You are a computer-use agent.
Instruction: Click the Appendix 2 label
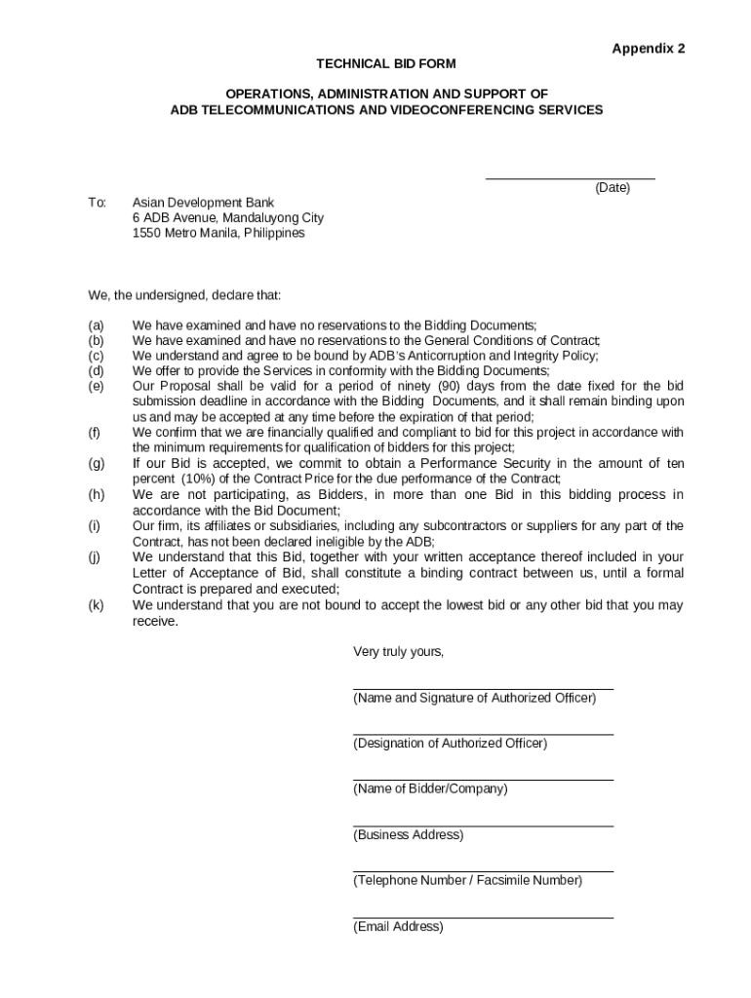[x=649, y=49]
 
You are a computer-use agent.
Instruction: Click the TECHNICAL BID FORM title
[x=386, y=64]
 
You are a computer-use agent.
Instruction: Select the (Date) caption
[x=613, y=188]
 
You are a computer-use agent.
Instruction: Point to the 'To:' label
[x=97, y=203]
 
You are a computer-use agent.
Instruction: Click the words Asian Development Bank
[x=204, y=203]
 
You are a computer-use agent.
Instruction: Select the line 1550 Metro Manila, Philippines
[x=218, y=234]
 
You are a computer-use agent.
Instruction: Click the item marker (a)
[x=96, y=325]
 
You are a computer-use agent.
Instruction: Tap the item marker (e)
[x=96, y=387]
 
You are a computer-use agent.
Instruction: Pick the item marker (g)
[x=96, y=464]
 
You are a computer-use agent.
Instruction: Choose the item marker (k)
[x=96, y=605]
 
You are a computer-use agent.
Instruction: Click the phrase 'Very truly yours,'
[x=398, y=652]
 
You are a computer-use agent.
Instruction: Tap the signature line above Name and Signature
[x=483, y=689]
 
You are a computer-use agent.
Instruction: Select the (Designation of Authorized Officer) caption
[x=450, y=744]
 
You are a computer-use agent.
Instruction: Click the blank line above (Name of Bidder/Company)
[x=483, y=780]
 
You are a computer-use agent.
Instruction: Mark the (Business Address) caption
[x=408, y=835]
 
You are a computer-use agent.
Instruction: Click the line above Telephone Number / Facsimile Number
[x=483, y=871]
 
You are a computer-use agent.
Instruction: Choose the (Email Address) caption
[x=398, y=927]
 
